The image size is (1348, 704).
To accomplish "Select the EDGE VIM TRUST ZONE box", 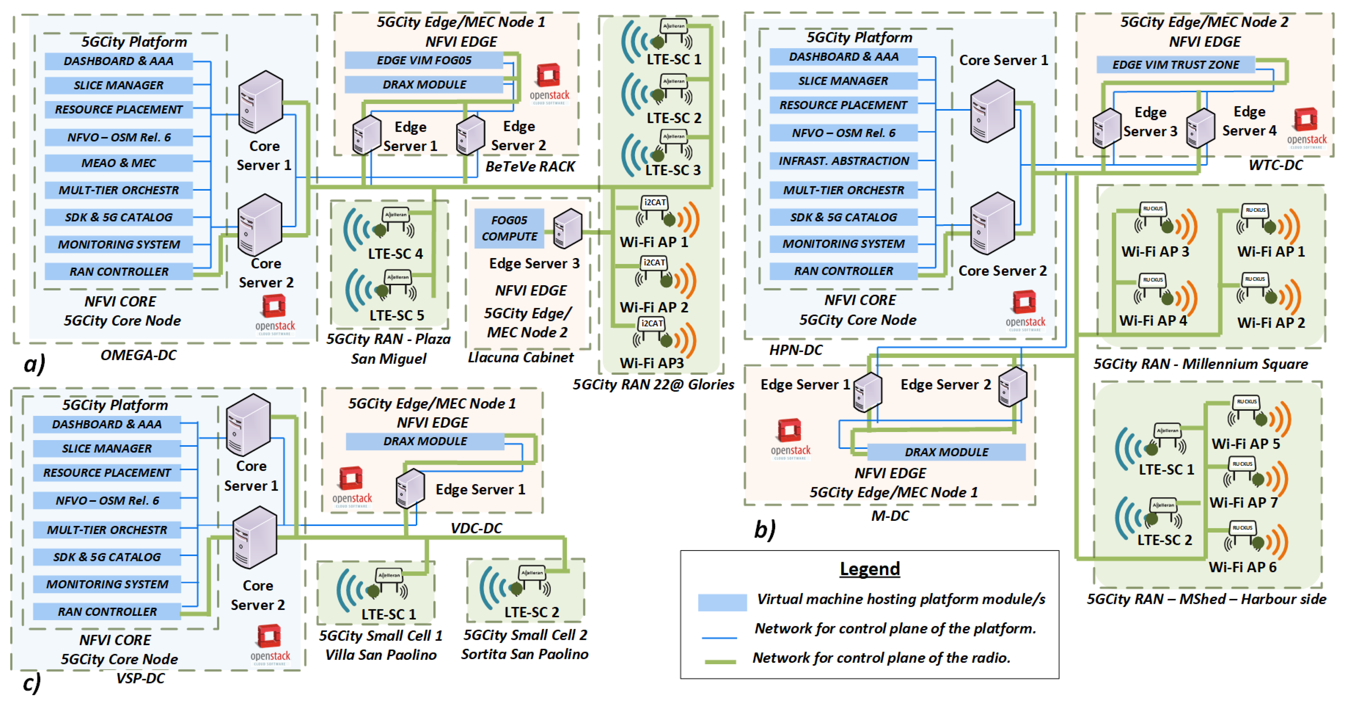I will coord(1175,64).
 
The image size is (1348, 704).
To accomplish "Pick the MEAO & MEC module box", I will coord(118,163).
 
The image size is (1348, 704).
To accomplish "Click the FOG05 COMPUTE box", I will coord(509,228).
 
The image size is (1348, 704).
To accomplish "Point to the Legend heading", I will coord(869,568).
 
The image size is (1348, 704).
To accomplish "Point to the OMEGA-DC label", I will coord(138,355).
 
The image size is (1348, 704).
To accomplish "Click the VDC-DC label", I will coord(476,528).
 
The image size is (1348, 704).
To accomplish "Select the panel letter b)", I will coord(764,530).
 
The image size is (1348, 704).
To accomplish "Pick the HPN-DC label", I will coord(795,350).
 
